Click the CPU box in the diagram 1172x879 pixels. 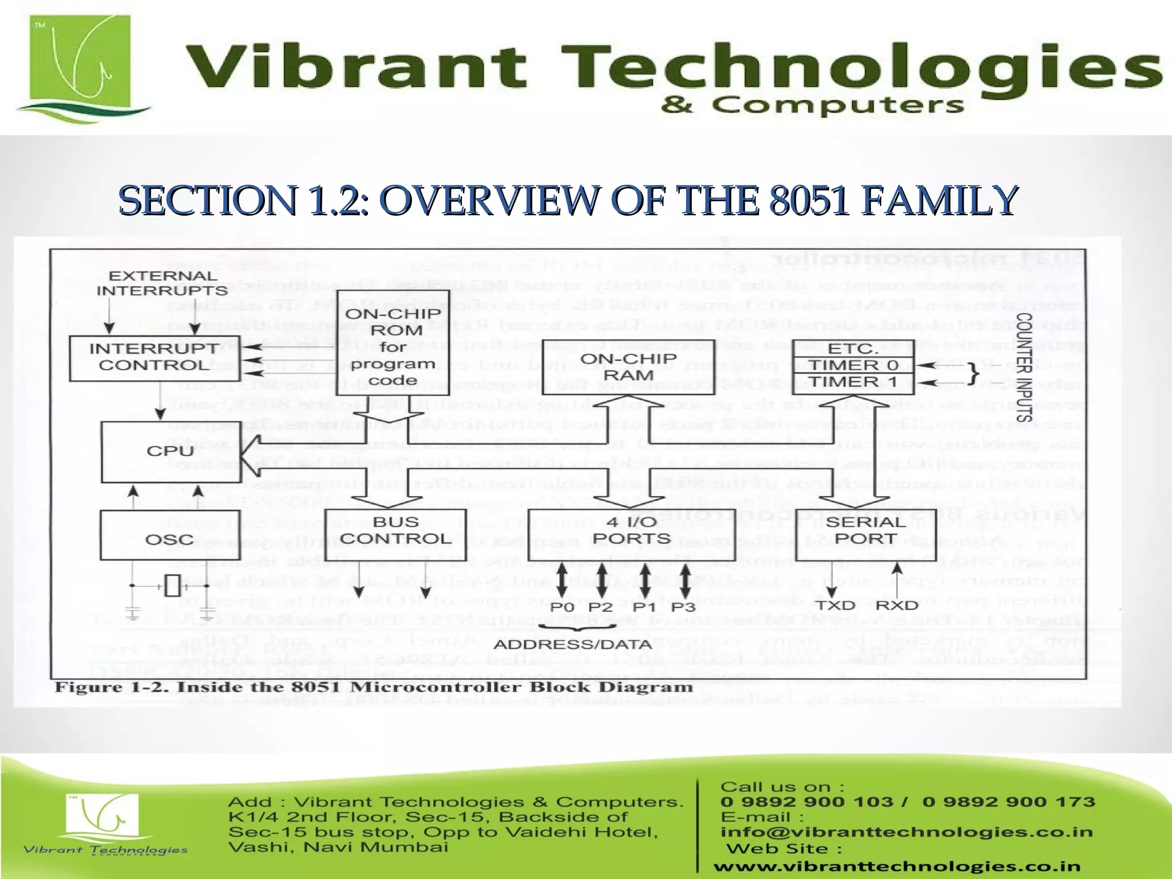pos(171,452)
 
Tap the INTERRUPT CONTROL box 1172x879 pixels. pos(153,358)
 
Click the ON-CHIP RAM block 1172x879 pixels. pos(628,367)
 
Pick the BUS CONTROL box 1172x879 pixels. pos(396,530)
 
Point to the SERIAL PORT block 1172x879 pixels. pos(865,530)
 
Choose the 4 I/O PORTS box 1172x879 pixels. pos(631,530)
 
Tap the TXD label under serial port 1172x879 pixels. pos(835,605)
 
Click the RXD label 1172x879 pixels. pos(897,605)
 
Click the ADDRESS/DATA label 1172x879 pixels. pos(572,645)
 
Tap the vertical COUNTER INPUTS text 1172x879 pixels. pos(1024,367)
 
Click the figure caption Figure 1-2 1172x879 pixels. pos(373,687)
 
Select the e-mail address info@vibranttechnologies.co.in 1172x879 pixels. pos(906,832)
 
